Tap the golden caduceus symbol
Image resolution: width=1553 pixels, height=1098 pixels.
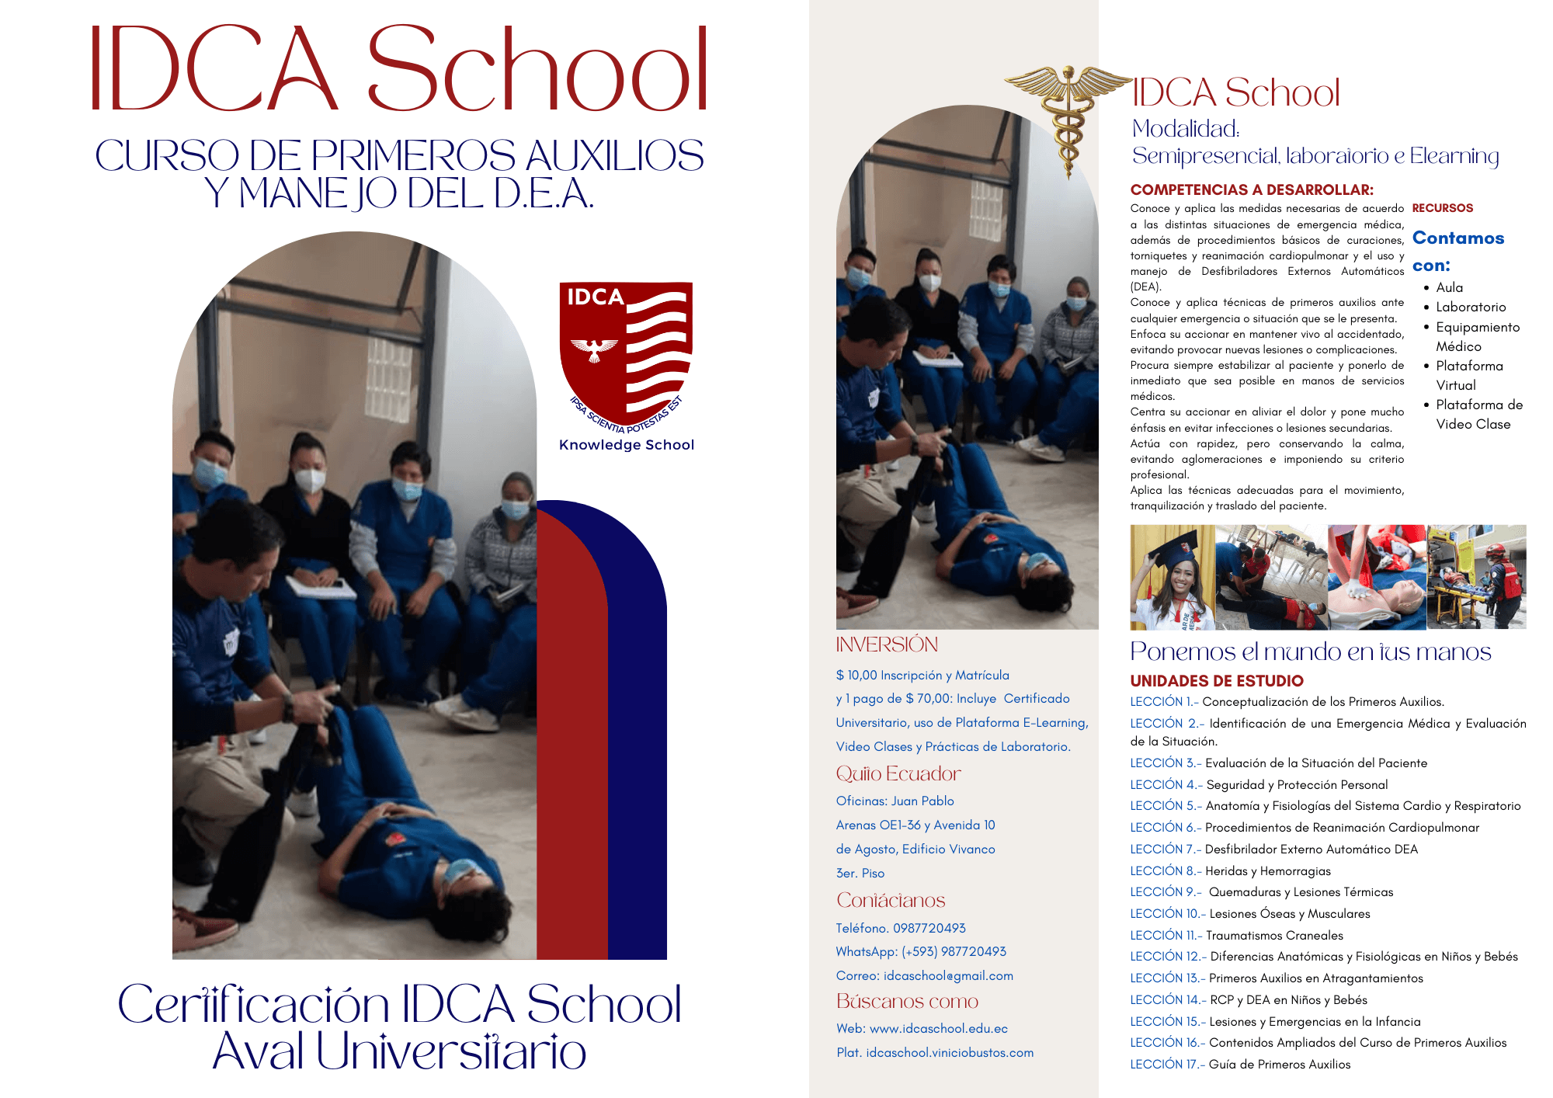coord(1069,116)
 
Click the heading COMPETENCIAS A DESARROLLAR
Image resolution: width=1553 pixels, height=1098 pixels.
coord(1251,189)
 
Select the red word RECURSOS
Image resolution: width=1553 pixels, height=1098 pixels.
coord(1442,208)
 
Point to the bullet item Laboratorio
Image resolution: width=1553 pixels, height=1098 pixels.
coord(1470,307)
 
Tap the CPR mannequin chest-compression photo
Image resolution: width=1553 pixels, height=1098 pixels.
coord(1377,577)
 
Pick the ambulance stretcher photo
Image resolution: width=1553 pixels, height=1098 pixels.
coord(1476,577)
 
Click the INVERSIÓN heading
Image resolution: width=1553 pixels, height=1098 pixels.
coord(887,645)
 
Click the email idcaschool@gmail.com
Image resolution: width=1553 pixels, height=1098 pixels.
coord(947,975)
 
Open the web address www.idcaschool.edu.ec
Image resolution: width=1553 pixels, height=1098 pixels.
coord(938,1028)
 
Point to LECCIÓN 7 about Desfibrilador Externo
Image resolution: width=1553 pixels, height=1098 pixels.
coord(1273,850)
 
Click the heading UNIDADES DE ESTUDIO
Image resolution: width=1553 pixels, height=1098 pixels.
coord(1216,681)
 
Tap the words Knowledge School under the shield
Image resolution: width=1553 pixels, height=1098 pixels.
coord(627,445)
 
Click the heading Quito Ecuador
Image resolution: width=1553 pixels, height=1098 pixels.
coord(898,774)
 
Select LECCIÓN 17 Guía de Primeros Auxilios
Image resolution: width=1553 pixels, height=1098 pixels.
coord(1240,1065)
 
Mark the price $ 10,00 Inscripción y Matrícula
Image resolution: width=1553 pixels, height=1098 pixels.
coord(922,676)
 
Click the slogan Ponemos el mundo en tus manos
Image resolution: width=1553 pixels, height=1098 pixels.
coord(1310,652)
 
